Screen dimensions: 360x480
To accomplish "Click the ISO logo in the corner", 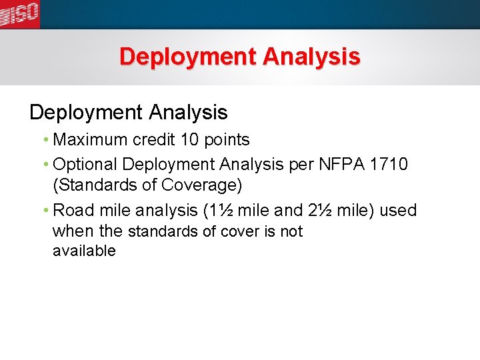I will [20, 13].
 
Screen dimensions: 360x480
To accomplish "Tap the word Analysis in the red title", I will [311, 57].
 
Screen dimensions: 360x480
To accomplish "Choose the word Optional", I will [86, 164].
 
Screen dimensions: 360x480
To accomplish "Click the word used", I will [398, 211].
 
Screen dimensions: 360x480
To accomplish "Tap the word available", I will [84, 251].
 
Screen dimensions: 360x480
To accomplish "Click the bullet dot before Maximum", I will [45, 140].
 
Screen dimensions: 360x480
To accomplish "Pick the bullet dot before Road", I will [45, 211].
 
